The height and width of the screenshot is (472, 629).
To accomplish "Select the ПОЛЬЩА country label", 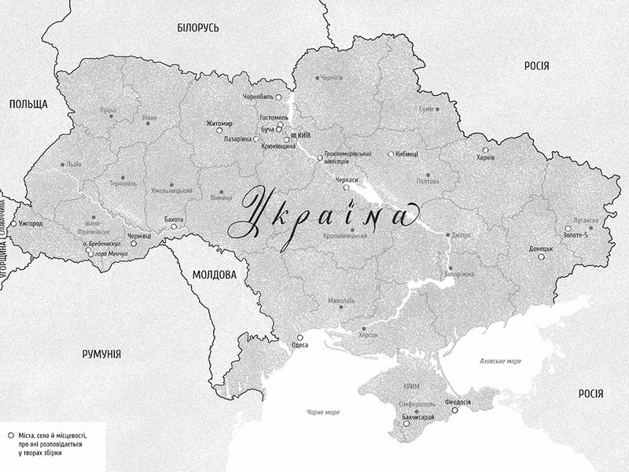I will [29, 104].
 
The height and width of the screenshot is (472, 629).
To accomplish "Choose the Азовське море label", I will [501, 361].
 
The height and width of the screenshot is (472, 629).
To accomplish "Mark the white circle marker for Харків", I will [485, 149].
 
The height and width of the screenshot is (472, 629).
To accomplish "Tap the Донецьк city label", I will [541, 249].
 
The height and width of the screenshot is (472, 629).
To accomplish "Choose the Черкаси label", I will [346, 180].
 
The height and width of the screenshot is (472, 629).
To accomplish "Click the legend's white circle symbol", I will [9, 434].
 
